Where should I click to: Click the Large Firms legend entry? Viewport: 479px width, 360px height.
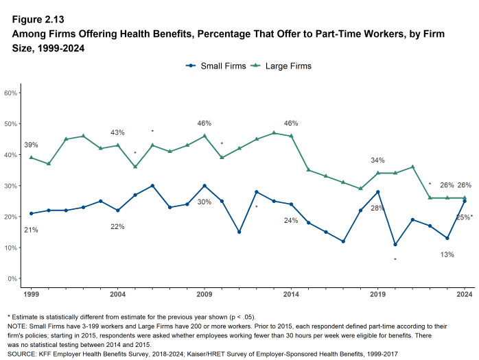coord(282,66)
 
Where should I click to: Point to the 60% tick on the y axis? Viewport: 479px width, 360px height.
coord(10,93)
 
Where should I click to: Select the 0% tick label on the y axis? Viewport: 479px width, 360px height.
coord(12,278)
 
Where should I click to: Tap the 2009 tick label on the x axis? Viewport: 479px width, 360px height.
coord(205,293)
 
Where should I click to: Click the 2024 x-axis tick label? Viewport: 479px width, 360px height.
coord(465,293)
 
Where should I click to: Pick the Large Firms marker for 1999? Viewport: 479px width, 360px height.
coord(31,158)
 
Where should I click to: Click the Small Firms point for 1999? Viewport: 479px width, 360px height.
coord(31,213)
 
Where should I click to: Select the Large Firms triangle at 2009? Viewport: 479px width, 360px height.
coord(205,136)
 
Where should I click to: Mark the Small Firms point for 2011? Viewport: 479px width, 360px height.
coord(239,232)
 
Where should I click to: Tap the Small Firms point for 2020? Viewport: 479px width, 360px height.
coord(395,244)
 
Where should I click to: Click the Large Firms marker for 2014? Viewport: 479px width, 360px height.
coord(291,136)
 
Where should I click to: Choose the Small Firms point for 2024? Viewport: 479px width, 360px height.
coord(465,201)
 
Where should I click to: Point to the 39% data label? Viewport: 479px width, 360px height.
coord(31,145)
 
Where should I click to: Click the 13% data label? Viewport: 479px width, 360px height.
coord(447,255)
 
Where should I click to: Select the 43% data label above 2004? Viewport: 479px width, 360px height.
coord(117,132)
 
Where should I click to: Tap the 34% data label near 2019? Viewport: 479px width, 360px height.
coord(377,160)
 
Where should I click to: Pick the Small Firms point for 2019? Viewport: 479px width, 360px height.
coord(378,192)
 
